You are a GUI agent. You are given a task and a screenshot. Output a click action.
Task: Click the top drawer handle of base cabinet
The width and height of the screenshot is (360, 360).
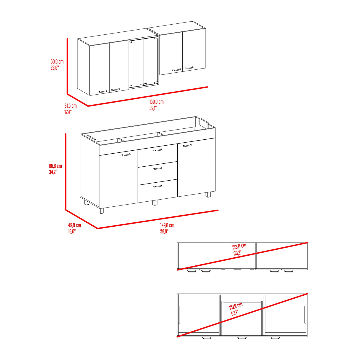[158, 150]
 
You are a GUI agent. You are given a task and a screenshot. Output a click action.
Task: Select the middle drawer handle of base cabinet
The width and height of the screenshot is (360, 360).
[158, 168]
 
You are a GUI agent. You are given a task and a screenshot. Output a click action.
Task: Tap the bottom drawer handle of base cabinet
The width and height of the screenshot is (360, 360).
[158, 186]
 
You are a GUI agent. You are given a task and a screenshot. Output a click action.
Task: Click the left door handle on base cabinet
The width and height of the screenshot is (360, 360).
[126, 155]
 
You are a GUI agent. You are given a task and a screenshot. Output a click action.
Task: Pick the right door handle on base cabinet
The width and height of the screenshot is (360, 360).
[187, 145]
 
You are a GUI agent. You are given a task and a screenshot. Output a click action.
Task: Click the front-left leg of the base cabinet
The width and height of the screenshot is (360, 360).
[101, 211]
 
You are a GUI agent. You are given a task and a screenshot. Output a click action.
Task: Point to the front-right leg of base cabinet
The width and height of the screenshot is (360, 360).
[208, 195]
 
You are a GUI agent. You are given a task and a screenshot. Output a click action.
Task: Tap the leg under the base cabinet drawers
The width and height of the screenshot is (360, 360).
[155, 203]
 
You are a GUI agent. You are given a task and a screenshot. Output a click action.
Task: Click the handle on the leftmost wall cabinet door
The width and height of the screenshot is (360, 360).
[103, 92]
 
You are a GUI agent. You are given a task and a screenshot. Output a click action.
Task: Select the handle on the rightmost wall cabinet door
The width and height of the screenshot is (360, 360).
[189, 68]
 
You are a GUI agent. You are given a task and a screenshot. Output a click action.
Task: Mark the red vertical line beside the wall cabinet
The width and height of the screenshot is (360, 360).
[67, 66]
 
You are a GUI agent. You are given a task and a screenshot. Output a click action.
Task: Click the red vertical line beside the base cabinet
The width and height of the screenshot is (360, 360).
[66, 172]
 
